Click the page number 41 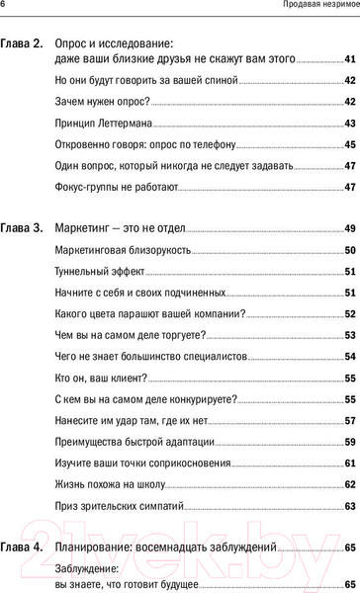click(350, 61)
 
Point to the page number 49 click(350, 228)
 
